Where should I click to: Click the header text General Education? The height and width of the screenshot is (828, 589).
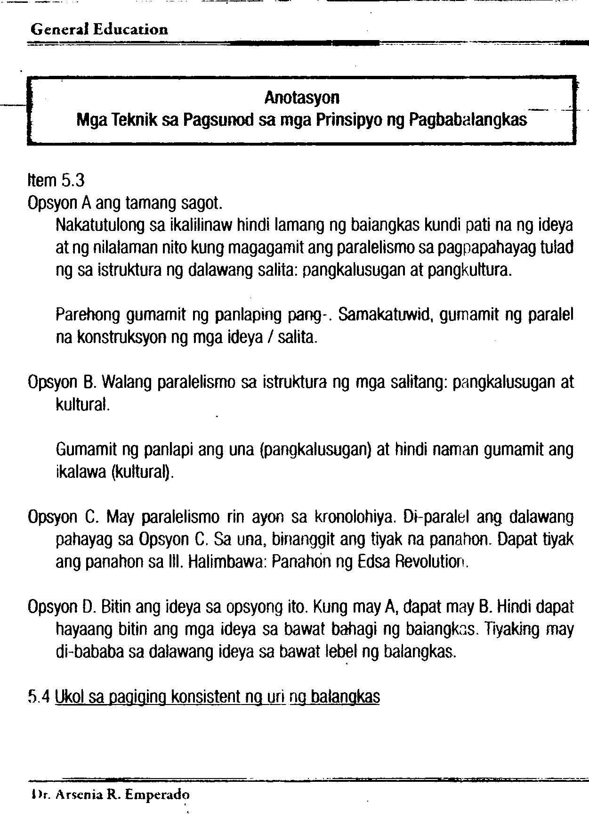coord(99,30)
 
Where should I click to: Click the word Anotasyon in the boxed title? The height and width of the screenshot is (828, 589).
coord(302,98)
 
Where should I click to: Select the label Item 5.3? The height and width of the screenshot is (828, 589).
coord(56,180)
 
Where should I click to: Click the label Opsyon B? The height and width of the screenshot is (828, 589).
coord(62,382)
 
